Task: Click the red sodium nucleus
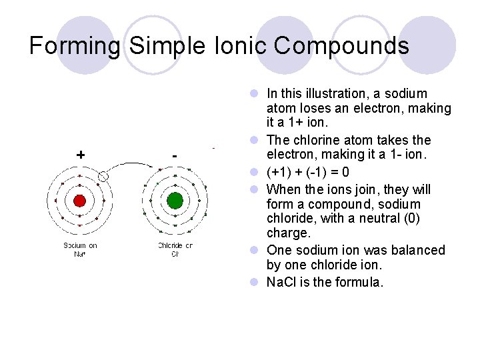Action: [x=79, y=201]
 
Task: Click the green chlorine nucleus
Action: [x=175, y=201]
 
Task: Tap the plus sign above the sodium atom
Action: [x=81, y=155]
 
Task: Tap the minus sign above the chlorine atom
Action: [x=175, y=155]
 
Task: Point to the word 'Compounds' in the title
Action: [x=341, y=46]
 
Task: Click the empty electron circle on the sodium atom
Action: [x=103, y=176]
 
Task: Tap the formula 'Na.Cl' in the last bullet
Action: [x=282, y=282]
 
